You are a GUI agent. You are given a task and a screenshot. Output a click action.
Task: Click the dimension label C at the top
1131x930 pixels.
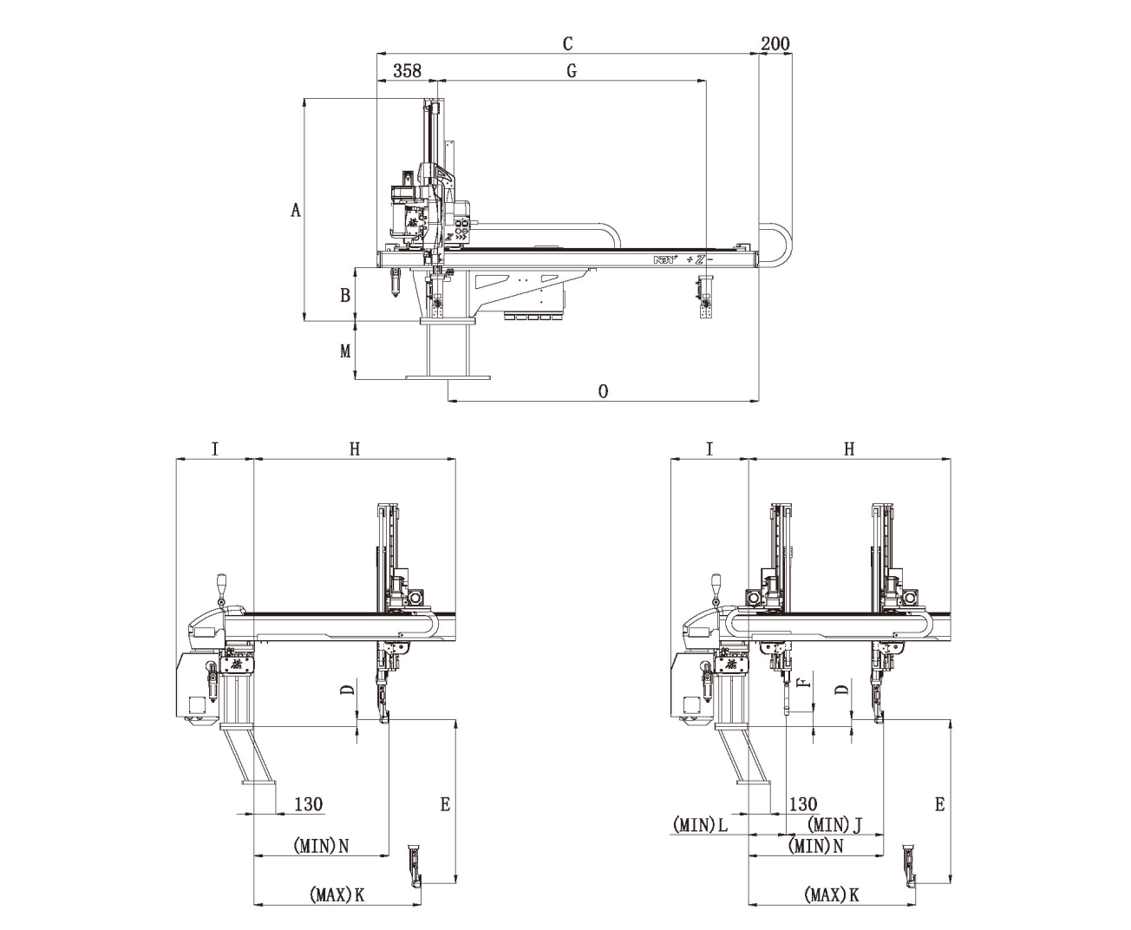(x=567, y=43)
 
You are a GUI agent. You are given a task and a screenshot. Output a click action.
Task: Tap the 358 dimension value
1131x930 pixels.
(x=407, y=71)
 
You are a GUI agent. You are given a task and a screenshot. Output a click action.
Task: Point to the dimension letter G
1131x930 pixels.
(x=571, y=71)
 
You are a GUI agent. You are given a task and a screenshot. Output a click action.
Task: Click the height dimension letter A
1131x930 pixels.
(x=296, y=210)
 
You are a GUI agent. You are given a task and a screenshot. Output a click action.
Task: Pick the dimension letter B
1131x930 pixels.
(x=344, y=295)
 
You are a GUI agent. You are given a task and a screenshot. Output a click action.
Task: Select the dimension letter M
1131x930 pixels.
(x=344, y=351)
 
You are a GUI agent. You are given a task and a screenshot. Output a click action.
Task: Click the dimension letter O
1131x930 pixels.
(x=603, y=391)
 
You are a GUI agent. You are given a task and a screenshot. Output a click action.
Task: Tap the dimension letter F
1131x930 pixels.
(x=804, y=681)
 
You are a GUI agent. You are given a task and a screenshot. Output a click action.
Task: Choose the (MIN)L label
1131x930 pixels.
(x=700, y=824)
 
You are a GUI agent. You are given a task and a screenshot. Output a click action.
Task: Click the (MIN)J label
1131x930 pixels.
(x=834, y=824)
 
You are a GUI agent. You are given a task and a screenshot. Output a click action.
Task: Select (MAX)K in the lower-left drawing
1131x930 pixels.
(x=337, y=894)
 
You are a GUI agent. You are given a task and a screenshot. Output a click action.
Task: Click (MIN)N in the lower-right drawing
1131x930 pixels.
(x=815, y=845)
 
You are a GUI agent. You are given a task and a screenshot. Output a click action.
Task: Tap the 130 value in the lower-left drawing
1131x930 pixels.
(x=308, y=804)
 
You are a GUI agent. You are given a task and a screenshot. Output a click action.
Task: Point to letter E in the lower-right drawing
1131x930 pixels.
(x=939, y=804)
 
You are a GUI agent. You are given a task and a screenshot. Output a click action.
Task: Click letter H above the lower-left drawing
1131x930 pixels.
(x=354, y=449)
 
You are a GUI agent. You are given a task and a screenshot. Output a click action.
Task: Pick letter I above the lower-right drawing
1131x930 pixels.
(x=709, y=449)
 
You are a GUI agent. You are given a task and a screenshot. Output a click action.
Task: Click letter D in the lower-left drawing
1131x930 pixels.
(x=347, y=691)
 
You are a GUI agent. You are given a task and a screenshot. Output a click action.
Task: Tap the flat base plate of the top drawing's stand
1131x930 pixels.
(x=448, y=377)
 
